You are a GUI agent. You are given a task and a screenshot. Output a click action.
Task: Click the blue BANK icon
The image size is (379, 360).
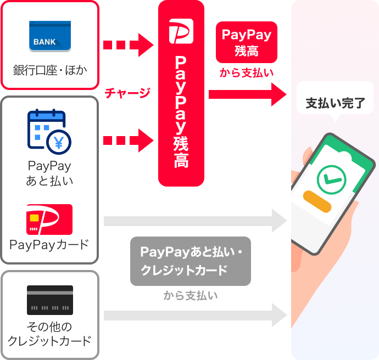(50, 36)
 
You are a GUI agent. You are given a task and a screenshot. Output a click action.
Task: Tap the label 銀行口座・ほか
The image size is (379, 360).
(50, 70)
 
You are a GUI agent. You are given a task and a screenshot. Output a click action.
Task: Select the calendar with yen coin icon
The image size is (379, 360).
(49, 132)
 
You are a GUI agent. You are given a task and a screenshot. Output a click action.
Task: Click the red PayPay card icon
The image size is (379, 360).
(49, 219)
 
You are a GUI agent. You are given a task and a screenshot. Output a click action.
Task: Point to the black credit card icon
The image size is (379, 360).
(50, 300)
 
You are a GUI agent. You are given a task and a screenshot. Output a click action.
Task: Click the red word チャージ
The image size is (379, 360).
(127, 93)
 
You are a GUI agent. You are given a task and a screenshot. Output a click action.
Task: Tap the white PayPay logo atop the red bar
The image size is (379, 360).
(181, 31)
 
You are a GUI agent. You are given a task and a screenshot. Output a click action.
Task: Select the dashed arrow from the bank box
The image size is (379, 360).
(129, 45)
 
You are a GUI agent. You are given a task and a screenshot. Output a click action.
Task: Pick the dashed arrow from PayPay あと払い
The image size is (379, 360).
(129, 140)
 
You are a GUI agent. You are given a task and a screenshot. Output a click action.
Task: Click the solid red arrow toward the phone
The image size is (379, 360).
(248, 94)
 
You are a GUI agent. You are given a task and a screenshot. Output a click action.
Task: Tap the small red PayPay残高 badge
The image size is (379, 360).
(247, 42)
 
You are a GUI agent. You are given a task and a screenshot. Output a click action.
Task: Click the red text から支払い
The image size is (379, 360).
(247, 72)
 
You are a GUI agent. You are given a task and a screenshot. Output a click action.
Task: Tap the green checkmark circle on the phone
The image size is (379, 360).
(331, 179)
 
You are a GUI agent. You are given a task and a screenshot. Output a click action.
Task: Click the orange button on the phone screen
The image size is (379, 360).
(317, 201)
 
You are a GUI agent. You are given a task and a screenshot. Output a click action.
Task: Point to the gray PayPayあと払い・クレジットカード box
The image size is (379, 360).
(191, 261)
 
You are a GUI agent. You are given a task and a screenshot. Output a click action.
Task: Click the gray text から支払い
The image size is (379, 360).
(191, 295)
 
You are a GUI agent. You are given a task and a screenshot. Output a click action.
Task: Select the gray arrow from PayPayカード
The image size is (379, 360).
(196, 221)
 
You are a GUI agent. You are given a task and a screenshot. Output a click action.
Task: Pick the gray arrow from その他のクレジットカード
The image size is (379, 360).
(196, 316)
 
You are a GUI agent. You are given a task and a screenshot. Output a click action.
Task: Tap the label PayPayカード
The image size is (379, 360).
(49, 245)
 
